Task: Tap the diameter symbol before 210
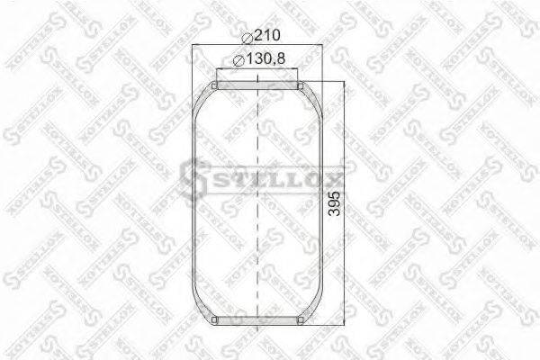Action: [247, 37]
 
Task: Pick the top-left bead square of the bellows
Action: [214, 86]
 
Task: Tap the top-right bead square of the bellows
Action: [301, 86]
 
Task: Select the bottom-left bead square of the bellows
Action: [214, 320]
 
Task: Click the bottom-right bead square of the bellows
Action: [301, 320]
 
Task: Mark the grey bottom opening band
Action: [257, 321]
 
